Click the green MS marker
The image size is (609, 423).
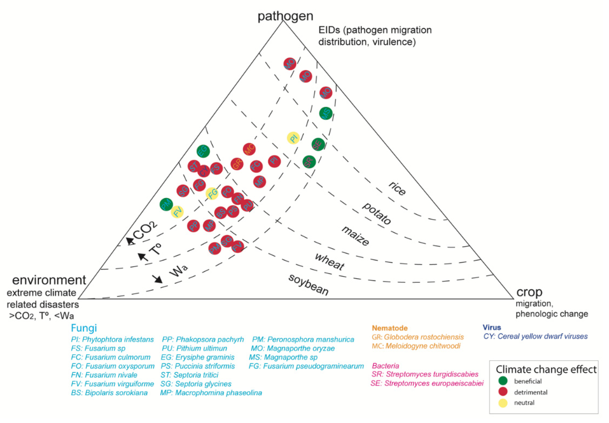click(x=326, y=113)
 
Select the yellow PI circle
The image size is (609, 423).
click(x=294, y=138)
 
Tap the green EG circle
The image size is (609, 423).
click(x=203, y=151)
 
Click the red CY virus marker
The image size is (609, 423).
click(x=204, y=171)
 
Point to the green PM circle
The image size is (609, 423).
click(x=166, y=204)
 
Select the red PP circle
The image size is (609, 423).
click(x=193, y=226)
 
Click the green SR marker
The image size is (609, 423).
click(x=309, y=162)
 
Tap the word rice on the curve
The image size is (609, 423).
click(x=397, y=188)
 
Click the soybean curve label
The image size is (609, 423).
click(x=308, y=285)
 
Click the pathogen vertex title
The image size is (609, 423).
click(x=285, y=16)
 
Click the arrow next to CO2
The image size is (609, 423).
click(x=130, y=241)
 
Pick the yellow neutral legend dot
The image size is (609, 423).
click(x=503, y=403)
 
